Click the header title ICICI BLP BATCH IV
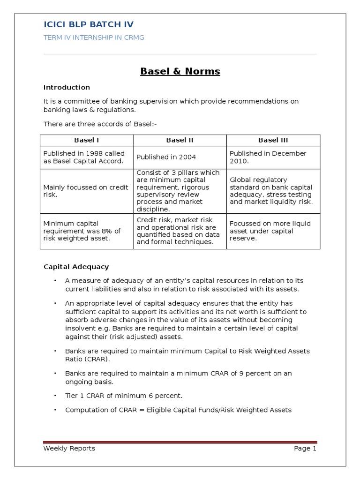point(89,25)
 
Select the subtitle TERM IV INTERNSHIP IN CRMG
point(94,38)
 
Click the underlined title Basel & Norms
point(180,72)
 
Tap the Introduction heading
point(67,87)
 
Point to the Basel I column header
point(87,140)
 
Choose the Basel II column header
point(180,140)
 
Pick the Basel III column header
point(273,140)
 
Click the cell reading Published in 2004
point(166,157)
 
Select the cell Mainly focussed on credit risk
point(86,191)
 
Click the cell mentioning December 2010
point(268,157)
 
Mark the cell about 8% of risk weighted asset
point(82,231)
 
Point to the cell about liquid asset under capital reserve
point(270,231)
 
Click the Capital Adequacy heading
point(76,267)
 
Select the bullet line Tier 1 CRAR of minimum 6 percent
point(124,396)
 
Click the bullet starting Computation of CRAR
point(178,410)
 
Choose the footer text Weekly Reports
point(69,449)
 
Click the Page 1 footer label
point(305,449)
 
